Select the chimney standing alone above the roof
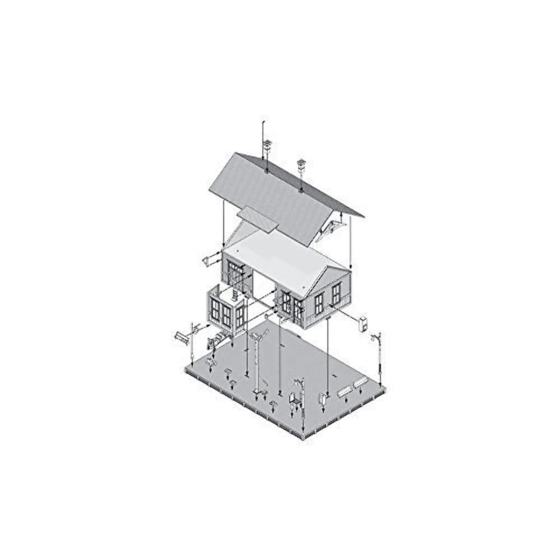click(x=301, y=165)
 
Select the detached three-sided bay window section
click(x=225, y=311)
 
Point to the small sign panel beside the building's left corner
click(x=205, y=259)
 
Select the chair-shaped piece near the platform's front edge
click(x=293, y=399)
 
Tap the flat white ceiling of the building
click(x=280, y=254)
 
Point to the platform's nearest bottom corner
click(x=304, y=436)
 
